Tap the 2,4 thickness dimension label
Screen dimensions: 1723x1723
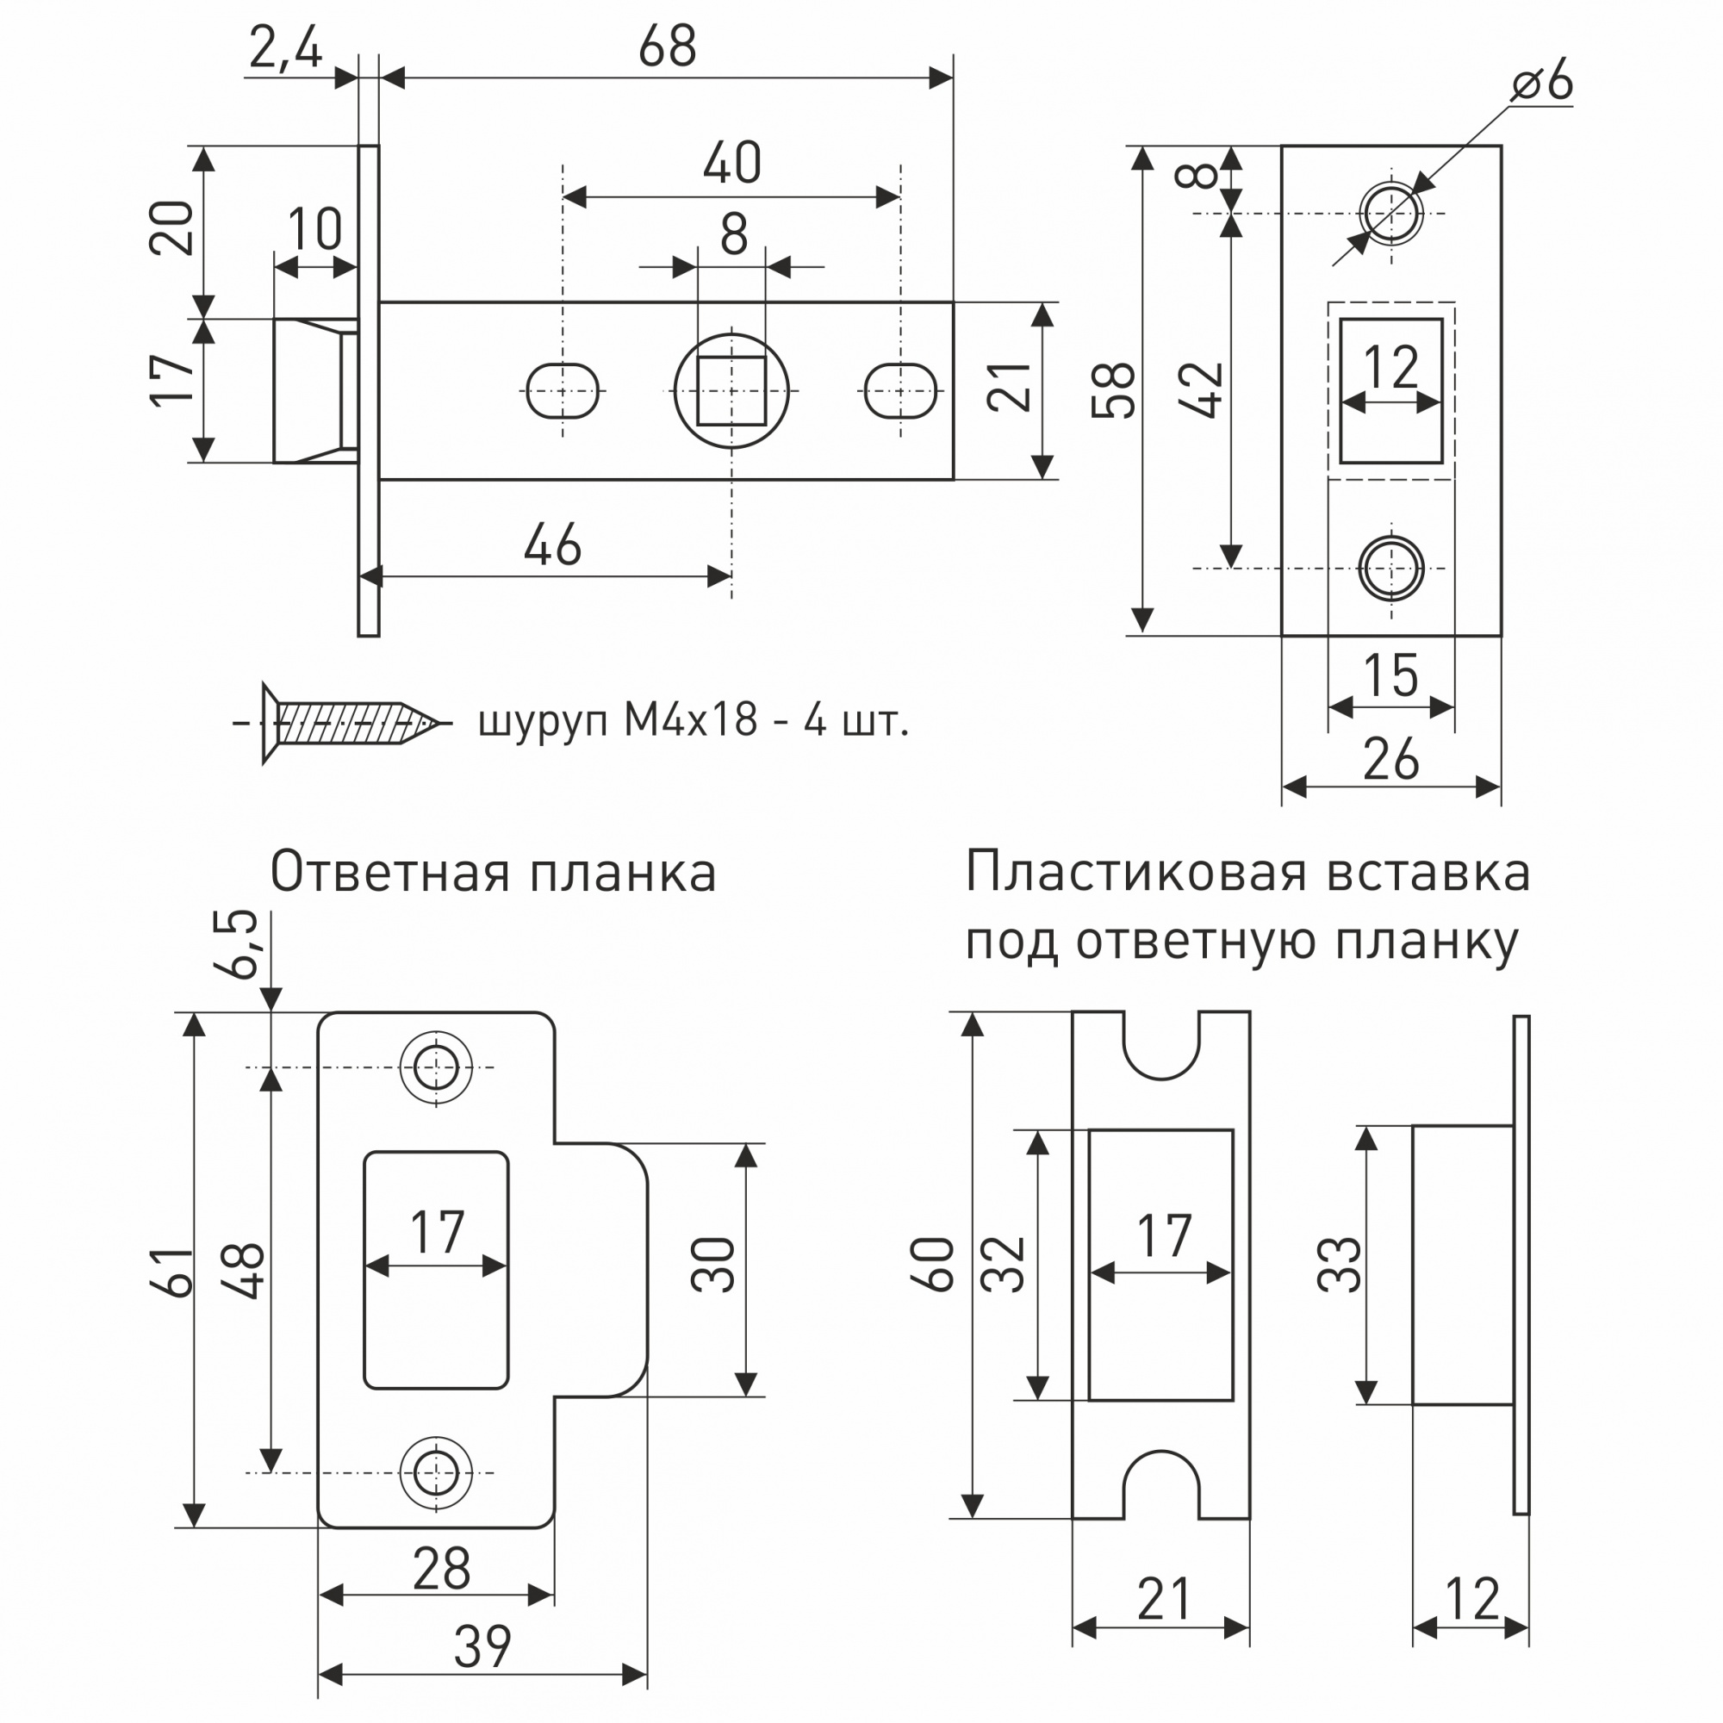(285, 48)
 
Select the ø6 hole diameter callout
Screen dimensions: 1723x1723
(1542, 82)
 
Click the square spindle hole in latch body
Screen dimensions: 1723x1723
(731, 390)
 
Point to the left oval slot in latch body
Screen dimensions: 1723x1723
(562, 390)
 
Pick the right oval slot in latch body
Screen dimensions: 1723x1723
(900, 390)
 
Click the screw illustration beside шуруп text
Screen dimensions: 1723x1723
(344, 723)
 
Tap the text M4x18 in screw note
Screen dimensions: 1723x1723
(689, 719)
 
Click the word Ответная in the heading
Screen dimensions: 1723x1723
(389, 872)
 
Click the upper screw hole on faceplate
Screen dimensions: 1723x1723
(1390, 214)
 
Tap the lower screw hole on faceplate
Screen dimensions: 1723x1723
(1390, 568)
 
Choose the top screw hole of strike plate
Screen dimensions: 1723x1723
(436, 1067)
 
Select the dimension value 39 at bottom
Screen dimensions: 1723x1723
(482, 1646)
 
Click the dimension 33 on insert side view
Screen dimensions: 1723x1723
(1339, 1266)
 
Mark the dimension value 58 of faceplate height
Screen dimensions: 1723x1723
(1114, 390)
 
